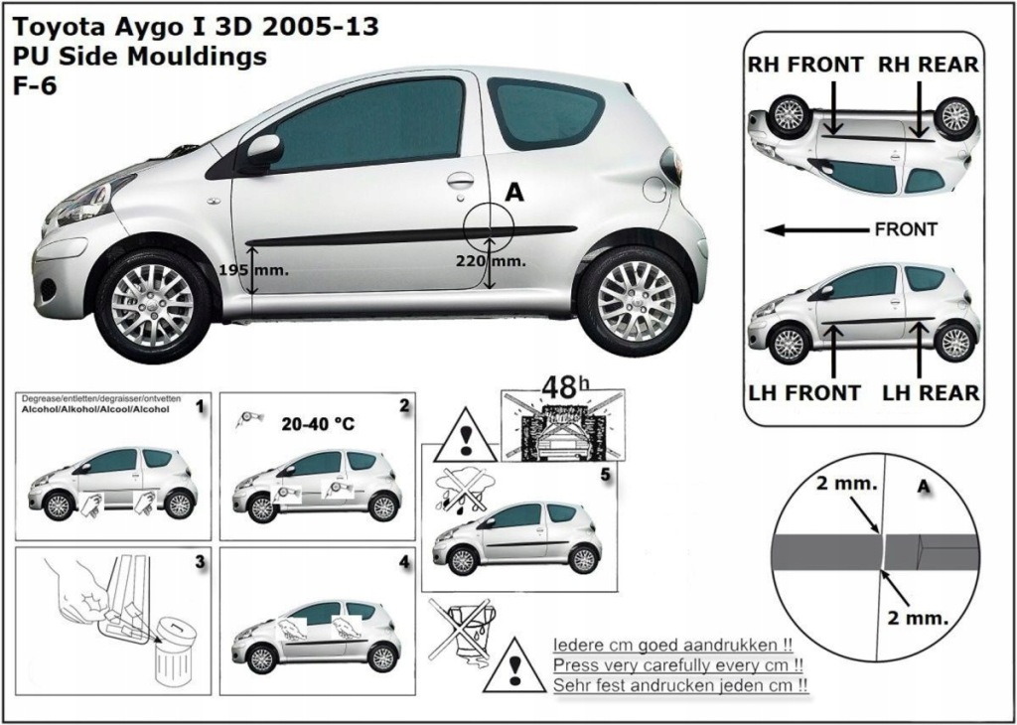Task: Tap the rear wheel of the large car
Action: click(x=636, y=300)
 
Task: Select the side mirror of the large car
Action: click(x=262, y=151)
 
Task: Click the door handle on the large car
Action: click(x=460, y=180)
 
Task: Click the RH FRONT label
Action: click(x=805, y=65)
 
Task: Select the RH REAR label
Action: click(x=929, y=65)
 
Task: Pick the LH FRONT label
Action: click(x=805, y=392)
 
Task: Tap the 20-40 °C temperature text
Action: click(x=318, y=423)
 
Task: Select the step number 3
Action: click(x=200, y=562)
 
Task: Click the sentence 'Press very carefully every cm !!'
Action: click(x=677, y=664)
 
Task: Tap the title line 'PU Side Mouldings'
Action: click(x=140, y=57)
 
